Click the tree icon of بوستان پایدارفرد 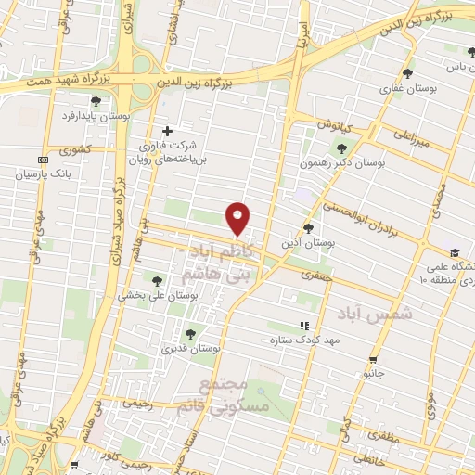tap(96, 101)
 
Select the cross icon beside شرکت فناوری tap(167, 131)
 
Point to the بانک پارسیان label tap(43, 173)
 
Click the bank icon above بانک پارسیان tap(43, 160)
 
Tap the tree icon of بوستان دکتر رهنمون tap(342, 148)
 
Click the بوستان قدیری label tap(190, 349)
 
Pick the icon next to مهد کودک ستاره tap(303, 327)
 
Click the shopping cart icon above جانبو tap(373, 359)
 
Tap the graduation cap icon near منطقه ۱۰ tap(455, 252)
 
